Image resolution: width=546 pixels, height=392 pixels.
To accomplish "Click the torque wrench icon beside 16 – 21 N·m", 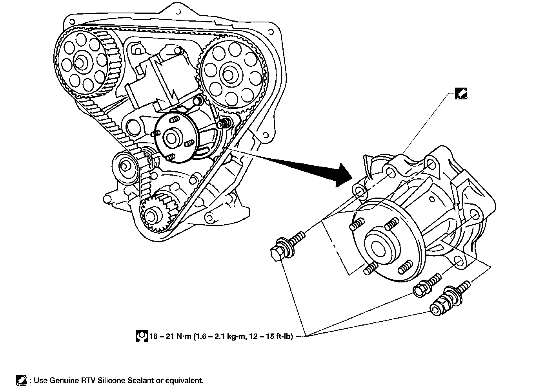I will click(x=142, y=336).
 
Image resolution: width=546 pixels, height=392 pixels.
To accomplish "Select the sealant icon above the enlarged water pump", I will click(x=460, y=93).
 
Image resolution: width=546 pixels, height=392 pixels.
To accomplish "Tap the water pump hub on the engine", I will click(x=171, y=137).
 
